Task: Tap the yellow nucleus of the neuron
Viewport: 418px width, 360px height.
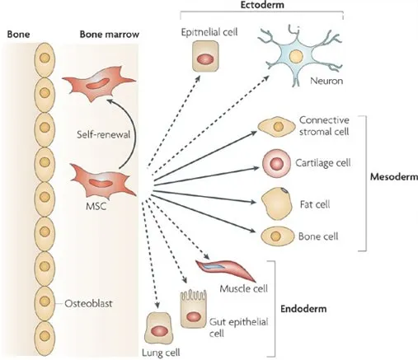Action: tap(296, 56)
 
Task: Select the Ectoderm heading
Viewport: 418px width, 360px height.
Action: tap(262, 5)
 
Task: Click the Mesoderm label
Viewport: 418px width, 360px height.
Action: tap(394, 176)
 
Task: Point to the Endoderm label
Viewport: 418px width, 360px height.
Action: tap(303, 309)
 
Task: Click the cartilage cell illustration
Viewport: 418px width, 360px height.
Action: tap(276, 164)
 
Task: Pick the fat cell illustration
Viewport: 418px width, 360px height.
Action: tap(276, 203)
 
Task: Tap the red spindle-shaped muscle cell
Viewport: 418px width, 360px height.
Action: tap(225, 269)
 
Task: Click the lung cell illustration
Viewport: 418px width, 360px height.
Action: tap(158, 328)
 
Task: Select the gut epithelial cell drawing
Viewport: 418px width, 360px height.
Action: tap(193, 309)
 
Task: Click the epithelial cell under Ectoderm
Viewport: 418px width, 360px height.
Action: tap(205, 56)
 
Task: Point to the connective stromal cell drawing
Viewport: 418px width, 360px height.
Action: tap(276, 127)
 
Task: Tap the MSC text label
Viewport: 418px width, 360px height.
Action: tap(96, 206)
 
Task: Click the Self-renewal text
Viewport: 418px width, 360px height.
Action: tap(103, 134)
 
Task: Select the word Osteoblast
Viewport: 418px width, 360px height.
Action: tap(88, 303)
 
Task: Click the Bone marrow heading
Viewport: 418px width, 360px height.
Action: tap(110, 35)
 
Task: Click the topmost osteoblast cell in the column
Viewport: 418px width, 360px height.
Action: tap(45, 59)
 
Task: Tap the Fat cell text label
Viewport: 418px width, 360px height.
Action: tap(315, 204)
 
